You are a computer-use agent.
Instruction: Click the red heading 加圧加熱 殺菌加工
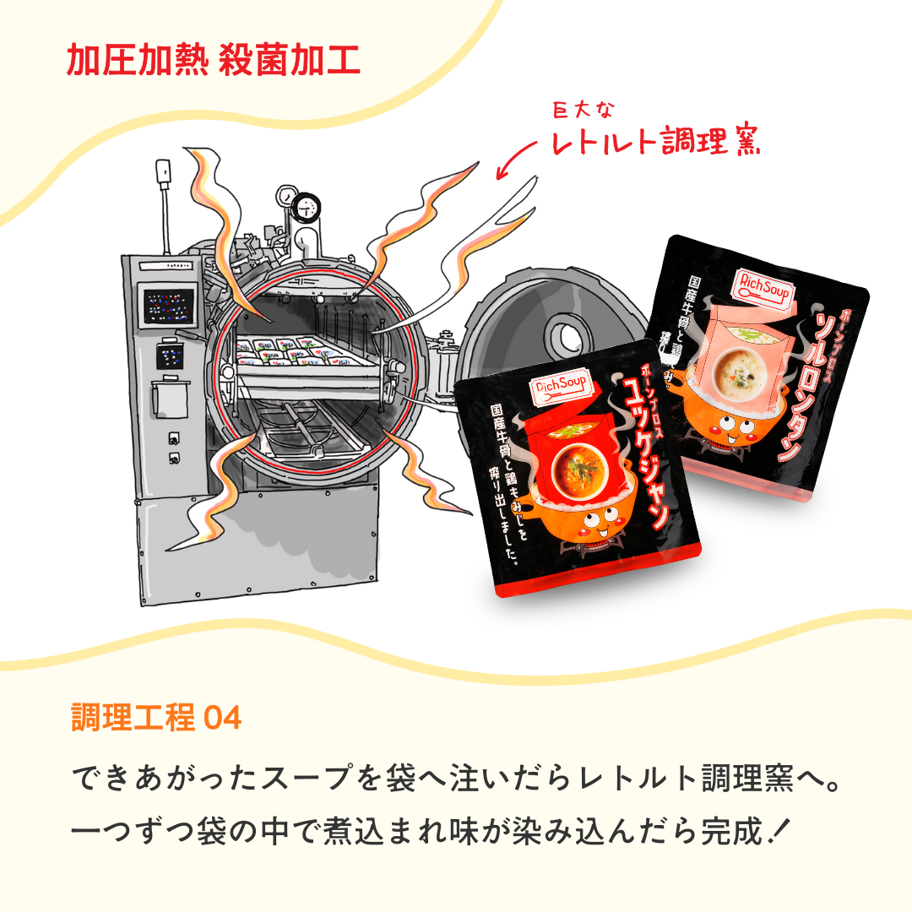click(213, 61)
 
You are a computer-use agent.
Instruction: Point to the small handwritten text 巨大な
click(584, 110)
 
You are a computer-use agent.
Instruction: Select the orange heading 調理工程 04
click(157, 718)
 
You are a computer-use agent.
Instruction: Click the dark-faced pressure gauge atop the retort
click(307, 203)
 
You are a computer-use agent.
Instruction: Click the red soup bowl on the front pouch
click(583, 473)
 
